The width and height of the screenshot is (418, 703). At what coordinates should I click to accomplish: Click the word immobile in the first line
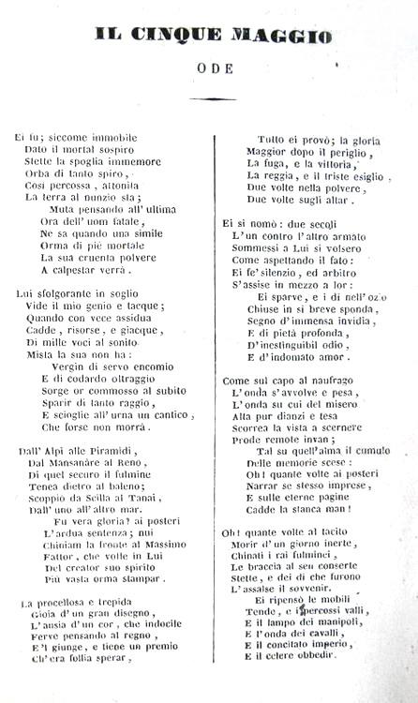(110, 137)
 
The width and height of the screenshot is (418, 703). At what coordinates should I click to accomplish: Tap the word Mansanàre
(79, 463)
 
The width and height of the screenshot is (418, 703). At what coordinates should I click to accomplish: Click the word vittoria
(332, 162)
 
